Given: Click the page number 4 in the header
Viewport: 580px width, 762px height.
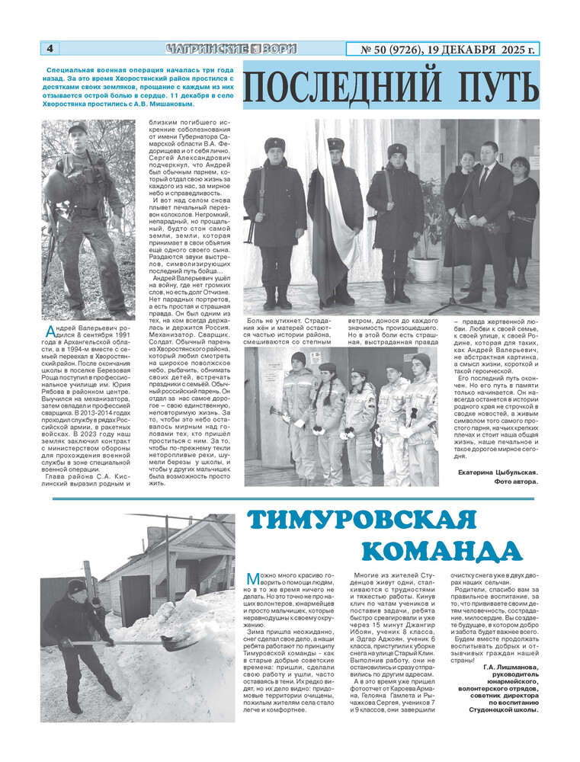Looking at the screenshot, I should (50, 49).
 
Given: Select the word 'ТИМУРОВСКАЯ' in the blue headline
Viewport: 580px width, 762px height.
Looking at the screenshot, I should (362, 520).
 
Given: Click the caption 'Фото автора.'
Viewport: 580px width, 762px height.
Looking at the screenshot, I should (516, 482).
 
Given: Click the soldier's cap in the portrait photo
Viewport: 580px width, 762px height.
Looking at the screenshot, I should (78, 128).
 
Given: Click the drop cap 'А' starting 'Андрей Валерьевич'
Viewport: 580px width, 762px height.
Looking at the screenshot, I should (49, 329).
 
